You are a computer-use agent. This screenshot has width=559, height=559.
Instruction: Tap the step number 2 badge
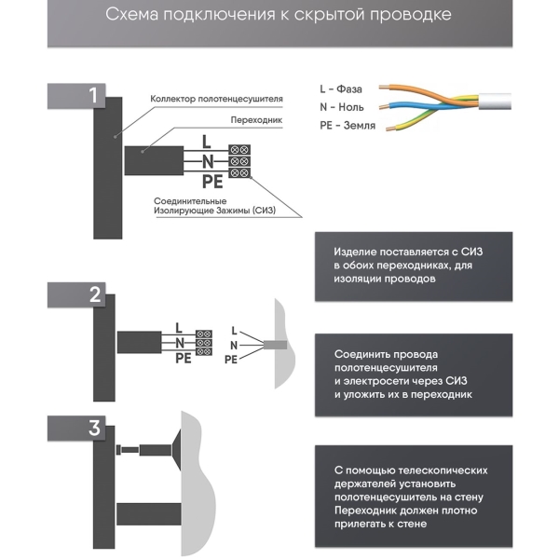point(92,296)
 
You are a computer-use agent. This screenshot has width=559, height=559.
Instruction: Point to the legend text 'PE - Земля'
point(348,126)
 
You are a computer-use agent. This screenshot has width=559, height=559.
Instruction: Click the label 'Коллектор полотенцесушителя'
point(216,99)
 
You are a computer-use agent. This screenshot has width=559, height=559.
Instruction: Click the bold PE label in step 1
point(213,180)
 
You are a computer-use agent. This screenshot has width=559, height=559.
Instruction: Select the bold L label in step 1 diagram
point(207,143)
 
